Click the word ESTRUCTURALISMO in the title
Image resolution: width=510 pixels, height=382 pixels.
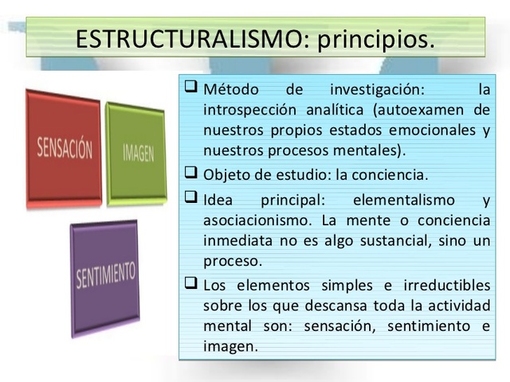pos(187,37)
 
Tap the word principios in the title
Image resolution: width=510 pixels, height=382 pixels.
pos(375,38)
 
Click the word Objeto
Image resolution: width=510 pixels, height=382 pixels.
pos(226,174)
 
